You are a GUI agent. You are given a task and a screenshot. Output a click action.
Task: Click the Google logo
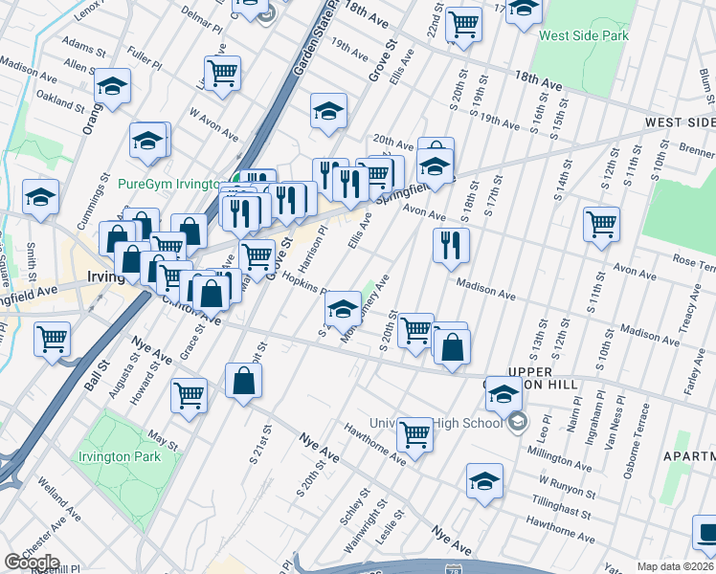click(x=32, y=562)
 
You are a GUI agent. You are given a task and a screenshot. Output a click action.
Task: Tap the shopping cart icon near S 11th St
click(x=601, y=224)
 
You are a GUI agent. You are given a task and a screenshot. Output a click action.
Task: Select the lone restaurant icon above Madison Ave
click(x=451, y=245)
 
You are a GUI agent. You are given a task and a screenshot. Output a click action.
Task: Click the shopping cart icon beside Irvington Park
click(x=190, y=394)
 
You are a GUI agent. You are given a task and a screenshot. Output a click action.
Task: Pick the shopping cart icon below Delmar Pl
click(x=222, y=72)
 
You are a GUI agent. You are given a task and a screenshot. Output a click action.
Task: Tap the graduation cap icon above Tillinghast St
click(x=485, y=481)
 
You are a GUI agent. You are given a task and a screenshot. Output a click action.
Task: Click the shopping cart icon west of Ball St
click(x=53, y=339)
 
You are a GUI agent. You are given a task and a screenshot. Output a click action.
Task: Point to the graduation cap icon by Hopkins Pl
click(x=343, y=308)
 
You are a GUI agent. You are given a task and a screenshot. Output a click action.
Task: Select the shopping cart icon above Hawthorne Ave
click(x=414, y=434)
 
